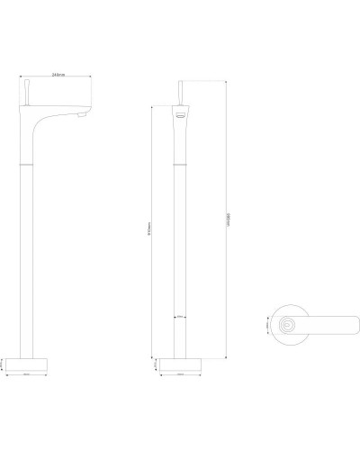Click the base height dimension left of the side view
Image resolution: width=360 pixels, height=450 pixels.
(6, 364)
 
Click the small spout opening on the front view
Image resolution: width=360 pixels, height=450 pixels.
(180, 116)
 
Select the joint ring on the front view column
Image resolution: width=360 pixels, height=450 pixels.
(180, 164)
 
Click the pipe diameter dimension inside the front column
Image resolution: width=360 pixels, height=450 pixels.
(180, 317)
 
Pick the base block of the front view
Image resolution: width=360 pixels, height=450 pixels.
(180, 364)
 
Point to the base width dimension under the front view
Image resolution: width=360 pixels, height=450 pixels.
(180, 375)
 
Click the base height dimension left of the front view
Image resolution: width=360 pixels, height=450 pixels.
(157, 364)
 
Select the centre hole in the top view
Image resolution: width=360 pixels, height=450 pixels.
(288, 322)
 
